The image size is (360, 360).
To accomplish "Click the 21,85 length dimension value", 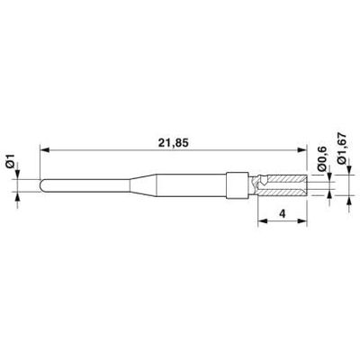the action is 174,143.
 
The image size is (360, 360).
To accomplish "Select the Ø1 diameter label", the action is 11,160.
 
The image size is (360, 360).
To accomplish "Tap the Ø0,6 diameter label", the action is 321,159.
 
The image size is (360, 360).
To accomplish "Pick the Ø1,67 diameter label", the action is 342,148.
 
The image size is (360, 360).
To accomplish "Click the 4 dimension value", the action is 283,213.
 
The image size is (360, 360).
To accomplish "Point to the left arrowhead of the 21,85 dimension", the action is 44,149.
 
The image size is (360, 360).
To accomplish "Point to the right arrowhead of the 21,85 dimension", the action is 302,149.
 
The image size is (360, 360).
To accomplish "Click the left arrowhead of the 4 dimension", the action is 263,221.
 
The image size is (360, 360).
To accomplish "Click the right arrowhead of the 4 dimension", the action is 302,221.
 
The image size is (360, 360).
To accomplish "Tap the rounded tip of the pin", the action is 41,185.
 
